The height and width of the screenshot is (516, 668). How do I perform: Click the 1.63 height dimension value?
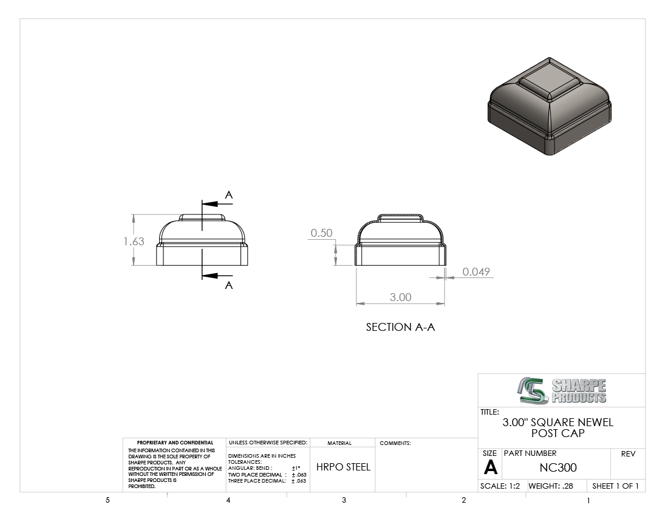pos(134,242)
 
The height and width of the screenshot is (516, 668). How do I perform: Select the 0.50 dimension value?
pos(321,233)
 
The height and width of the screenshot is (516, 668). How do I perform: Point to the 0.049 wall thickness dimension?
pos(476,271)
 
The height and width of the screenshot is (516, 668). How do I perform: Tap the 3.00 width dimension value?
pos(400,297)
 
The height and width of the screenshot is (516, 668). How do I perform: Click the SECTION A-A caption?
pos(400,327)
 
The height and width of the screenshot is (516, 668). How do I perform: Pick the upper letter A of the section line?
pos(229,195)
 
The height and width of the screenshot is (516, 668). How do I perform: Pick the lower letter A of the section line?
pos(229,285)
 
